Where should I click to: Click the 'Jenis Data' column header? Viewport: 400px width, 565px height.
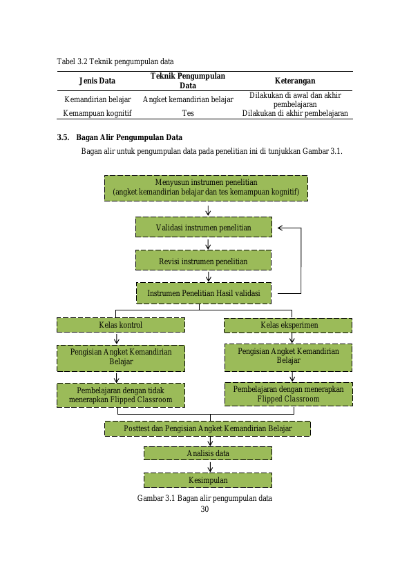point(97,81)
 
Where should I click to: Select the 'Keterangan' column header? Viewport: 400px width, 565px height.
point(295,81)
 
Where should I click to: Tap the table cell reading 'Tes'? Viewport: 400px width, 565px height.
point(188,113)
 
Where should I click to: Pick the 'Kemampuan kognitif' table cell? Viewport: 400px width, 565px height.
point(97,113)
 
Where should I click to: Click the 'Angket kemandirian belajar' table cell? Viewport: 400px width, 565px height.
point(188,99)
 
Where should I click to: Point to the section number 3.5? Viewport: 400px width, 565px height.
point(63,137)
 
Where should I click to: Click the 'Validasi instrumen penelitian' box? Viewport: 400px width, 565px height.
point(204,227)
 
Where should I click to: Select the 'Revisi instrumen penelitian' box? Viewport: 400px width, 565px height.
point(203,260)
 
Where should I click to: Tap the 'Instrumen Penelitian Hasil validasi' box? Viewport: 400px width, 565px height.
point(204,293)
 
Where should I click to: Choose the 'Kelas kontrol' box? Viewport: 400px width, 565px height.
point(121,325)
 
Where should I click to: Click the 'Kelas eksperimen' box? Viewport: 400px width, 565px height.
point(288,326)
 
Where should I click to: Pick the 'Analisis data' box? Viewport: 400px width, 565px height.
point(208,453)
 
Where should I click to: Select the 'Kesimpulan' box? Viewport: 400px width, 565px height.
point(208,480)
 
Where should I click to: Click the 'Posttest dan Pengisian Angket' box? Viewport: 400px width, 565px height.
point(207,428)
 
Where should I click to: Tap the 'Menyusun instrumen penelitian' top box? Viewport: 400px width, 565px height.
point(206,188)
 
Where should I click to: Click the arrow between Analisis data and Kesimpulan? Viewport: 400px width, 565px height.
point(210,466)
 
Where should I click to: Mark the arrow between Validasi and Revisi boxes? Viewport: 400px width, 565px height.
point(208,244)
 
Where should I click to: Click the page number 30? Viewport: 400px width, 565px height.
point(204,509)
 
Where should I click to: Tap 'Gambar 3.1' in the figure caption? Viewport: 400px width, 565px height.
point(156,498)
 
